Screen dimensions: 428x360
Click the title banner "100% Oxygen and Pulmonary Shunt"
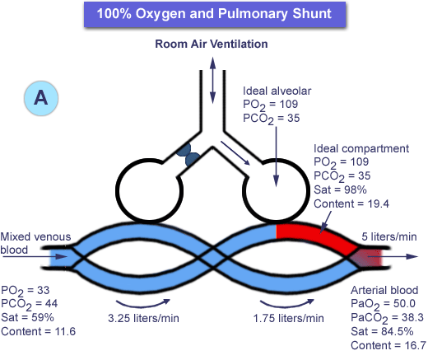tap(215, 14)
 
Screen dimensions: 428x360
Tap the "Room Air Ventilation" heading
tap(212, 44)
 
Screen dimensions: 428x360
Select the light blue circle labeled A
tap(41, 98)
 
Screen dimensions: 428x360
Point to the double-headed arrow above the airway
tap(212, 80)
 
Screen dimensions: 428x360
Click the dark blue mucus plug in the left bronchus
tap(188, 155)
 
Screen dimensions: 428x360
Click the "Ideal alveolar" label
tap(277, 91)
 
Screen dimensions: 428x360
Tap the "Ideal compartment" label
tap(361, 148)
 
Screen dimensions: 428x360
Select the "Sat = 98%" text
tap(340, 189)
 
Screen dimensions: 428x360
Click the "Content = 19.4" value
tap(351, 203)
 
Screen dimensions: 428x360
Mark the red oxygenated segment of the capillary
tap(315, 237)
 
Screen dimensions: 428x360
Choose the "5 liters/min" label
tap(389, 236)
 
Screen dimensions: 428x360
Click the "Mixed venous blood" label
tap(35, 243)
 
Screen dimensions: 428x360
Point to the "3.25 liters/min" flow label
tap(143, 318)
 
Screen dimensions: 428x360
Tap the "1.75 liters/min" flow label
tap(288, 318)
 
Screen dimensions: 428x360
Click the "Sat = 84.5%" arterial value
tap(382, 331)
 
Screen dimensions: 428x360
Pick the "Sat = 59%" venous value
tap(27, 317)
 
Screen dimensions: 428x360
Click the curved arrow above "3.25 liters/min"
tap(142, 306)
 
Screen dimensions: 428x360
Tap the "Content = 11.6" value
tap(38, 331)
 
